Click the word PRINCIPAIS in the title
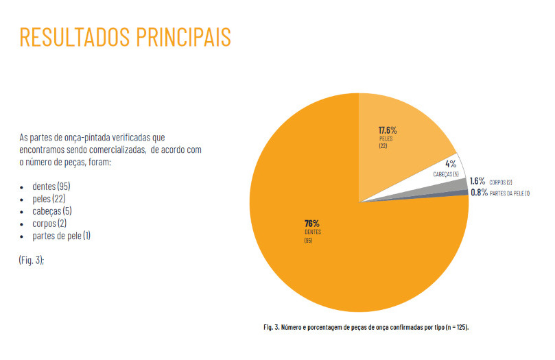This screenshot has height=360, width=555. [x=189, y=37]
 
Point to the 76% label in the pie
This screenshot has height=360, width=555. [x=312, y=224]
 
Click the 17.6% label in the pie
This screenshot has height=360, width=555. [x=388, y=130]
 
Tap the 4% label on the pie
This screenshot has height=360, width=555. [x=451, y=164]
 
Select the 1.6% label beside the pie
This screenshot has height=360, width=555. [x=478, y=182]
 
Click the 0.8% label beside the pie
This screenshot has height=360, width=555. [x=479, y=193]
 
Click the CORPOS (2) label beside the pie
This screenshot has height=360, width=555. [x=501, y=182]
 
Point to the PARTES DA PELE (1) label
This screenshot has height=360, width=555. [x=510, y=193]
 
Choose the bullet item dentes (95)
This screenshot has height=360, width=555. [x=51, y=187]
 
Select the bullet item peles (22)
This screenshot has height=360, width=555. [x=49, y=199]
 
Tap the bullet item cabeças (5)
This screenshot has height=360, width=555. [x=52, y=211]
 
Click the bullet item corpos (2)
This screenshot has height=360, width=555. [x=49, y=224]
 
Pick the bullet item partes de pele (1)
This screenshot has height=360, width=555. [x=62, y=236]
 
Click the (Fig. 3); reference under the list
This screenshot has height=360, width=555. [x=32, y=261]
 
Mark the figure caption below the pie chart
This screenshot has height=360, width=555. [x=366, y=327]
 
